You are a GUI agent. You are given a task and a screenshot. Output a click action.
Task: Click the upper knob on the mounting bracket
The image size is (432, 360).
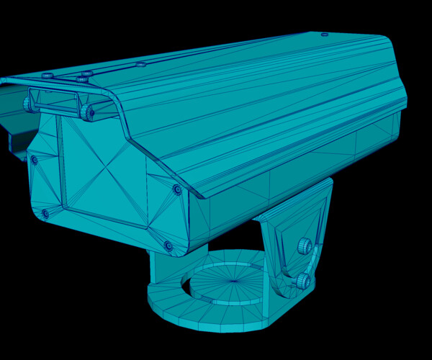point(305,246)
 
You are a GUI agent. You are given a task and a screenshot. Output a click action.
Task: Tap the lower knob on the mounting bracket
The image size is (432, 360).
point(302,280)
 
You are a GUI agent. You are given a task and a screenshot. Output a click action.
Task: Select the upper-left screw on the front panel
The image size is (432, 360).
point(33,160)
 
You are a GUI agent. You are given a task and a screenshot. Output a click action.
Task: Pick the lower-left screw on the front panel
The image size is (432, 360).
point(45,213)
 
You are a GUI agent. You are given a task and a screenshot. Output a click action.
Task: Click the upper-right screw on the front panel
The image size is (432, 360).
point(177,189)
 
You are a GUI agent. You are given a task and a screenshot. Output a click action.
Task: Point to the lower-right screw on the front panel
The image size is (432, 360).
point(168,246)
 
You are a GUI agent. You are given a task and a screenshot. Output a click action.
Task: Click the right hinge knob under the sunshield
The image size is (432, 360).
point(88,112)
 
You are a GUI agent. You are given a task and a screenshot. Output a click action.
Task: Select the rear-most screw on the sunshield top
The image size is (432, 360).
point(325,34)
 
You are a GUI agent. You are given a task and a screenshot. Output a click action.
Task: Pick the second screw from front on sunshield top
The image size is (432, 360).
point(87,73)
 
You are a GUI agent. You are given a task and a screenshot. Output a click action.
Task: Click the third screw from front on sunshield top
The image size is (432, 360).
point(141,64)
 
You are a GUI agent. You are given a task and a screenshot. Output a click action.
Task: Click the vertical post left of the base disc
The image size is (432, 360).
point(160,266)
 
